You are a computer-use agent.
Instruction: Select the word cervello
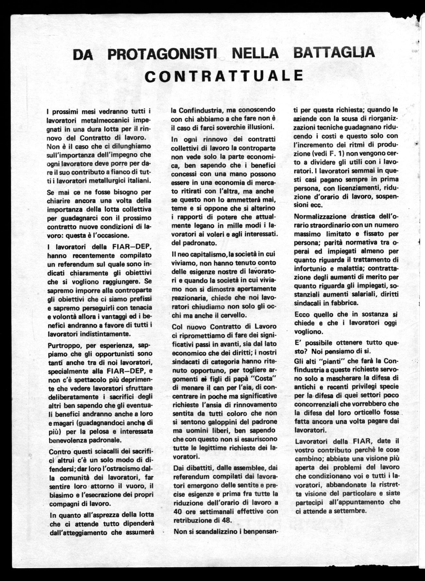coord(233,315)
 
